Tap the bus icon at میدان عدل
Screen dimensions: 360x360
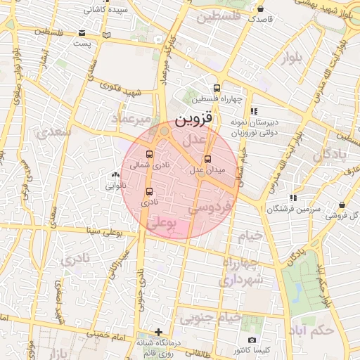coord(206,159)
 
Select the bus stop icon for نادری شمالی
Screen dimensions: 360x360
coord(149,155)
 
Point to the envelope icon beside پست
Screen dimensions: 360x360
coord(82,33)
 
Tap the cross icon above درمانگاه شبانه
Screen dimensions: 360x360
coord(159,332)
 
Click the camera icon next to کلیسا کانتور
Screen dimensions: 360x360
coord(252,340)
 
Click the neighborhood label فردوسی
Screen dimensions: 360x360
coord(210,209)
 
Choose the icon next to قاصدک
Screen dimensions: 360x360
coord(262,9)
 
